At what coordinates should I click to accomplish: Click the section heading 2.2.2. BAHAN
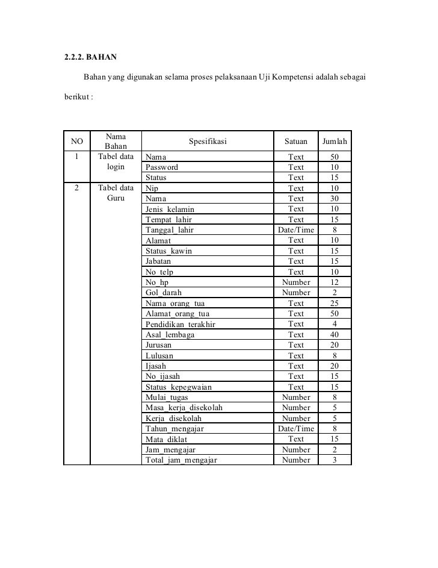click(x=91, y=58)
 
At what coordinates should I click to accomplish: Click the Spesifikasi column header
click(x=208, y=142)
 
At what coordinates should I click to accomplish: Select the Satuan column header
click(x=296, y=142)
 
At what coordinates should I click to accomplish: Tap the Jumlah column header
click(x=335, y=142)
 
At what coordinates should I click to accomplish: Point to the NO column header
click(x=76, y=142)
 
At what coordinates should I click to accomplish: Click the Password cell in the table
click(x=162, y=167)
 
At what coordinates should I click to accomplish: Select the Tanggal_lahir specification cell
click(x=170, y=230)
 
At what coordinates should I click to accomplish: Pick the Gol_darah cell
click(x=164, y=293)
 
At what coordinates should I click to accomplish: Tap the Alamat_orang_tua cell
click(x=177, y=314)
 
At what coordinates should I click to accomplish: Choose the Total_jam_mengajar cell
click(x=181, y=460)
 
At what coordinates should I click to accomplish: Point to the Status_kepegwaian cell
click(x=179, y=387)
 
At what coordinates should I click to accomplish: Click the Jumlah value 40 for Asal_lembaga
click(x=335, y=334)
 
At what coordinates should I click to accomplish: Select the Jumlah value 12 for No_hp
click(x=335, y=282)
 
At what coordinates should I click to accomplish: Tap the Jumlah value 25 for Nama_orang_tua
click(x=335, y=303)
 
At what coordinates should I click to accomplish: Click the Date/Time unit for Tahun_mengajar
click(x=296, y=429)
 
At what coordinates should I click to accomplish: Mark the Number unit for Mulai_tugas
click(x=296, y=398)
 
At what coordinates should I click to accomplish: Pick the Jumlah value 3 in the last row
click(x=335, y=460)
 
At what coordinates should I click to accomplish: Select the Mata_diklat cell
click(x=167, y=439)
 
